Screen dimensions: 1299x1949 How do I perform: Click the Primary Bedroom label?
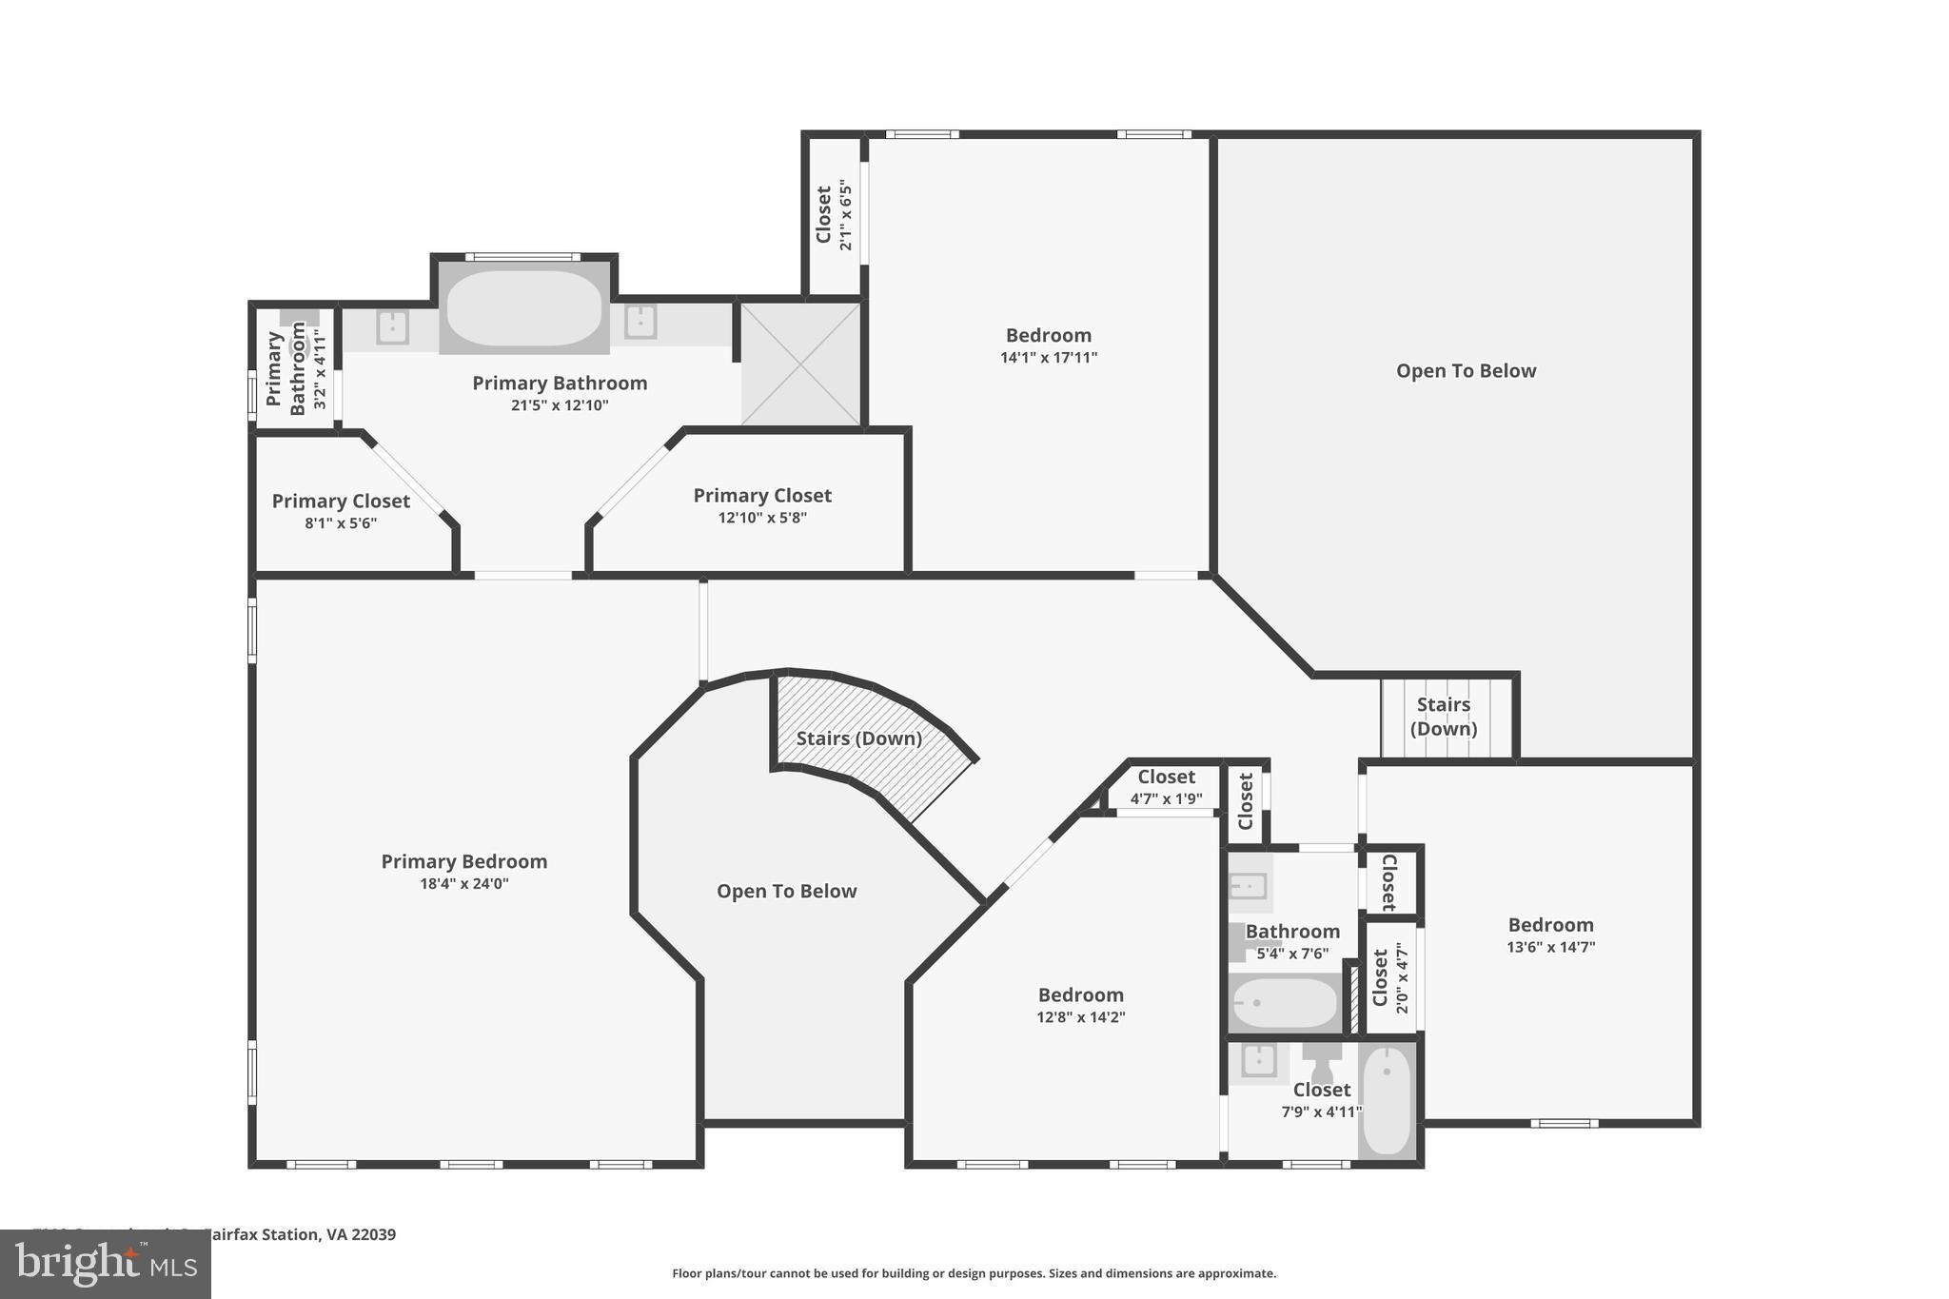click(463, 861)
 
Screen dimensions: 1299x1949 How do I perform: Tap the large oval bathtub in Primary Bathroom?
click(523, 309)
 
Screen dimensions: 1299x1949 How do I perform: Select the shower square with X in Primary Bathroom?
click(800, 364)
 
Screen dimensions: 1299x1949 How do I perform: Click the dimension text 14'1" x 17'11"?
click(1048, 358)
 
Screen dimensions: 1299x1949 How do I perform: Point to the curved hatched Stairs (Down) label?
click(858, 738)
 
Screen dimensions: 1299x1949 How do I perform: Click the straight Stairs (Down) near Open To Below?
click(1443, 717)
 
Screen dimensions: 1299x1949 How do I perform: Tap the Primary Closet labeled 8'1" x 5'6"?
click(341, 502)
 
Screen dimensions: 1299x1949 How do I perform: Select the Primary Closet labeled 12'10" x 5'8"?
click(761, 496)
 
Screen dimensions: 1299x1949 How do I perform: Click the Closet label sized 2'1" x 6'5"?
click(824, 215)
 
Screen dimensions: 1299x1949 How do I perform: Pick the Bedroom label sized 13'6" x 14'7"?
click(1550, 925)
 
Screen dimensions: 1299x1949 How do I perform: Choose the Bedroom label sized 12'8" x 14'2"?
click(1080, 995)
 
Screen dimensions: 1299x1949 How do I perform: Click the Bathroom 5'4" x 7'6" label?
click(1292, 932)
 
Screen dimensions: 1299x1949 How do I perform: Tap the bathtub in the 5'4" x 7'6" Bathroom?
click(1285, 1003)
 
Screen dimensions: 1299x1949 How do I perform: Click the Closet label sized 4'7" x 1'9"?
click(1166, 777)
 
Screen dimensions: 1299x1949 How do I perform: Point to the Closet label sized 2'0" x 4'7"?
click(1380, 977)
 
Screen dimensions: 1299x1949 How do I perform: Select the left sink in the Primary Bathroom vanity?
click(392, 326)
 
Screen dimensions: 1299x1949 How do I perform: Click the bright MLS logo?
click(106, 1265)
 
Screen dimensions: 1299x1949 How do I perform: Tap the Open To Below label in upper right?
click(1466, 371)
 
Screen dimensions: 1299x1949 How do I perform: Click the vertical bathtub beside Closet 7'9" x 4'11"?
click(1387, 1101)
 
